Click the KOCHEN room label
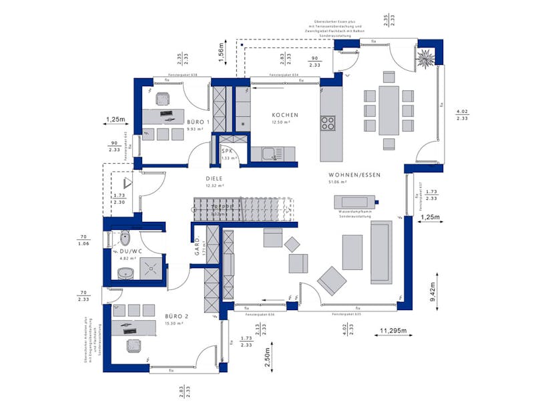coord(284,116)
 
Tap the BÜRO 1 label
coord(198,122)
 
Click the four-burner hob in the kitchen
coord(328,123)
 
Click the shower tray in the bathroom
coord(150,269)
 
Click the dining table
coord(388,110)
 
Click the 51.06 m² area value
coord(338,182)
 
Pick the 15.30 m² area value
coord(175,323)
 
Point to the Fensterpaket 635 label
coord(348,313)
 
